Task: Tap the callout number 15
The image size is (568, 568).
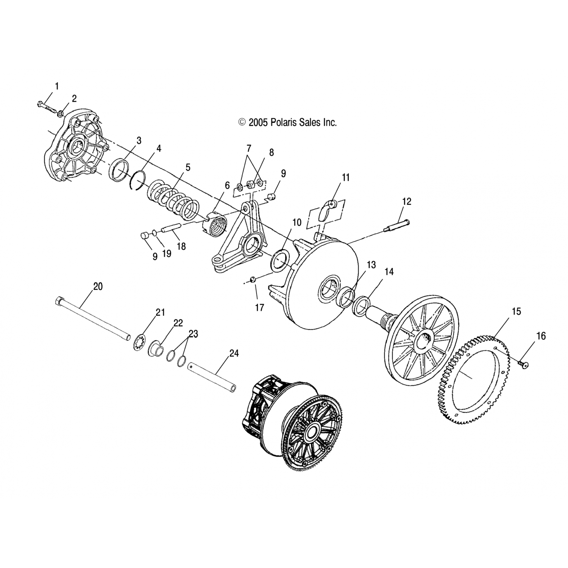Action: (x=516, y=312)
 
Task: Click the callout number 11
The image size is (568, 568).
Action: (x=346, y=177)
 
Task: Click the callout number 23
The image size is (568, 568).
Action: (x=193, y=334)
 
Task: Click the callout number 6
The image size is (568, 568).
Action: (x=227, y=185)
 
